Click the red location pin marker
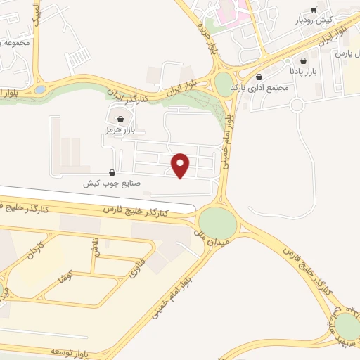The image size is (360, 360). (x=181, y=165)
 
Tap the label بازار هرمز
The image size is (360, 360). (x=119, y=130)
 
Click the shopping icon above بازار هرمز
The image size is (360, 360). (x=122, y=120)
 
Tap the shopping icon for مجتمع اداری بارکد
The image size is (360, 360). (x=260, y=77)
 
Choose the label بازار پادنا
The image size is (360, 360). (x=303, y=71)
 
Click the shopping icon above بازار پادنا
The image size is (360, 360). (x=303, y=60)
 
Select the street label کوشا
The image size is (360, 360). (x=67, y=276)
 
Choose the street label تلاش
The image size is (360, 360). (x=95, y=247)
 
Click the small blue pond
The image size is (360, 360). (x=40, y=90)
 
